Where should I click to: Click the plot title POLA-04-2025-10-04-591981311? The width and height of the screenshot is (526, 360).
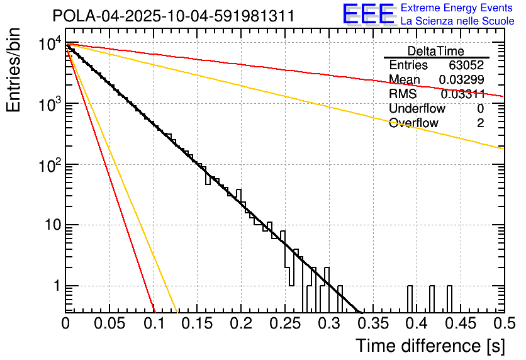(x=173, y=16)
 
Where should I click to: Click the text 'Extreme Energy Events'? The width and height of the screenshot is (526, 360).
(x=456, y=9)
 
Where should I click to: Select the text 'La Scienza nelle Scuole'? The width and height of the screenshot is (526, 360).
(x=457, y=21)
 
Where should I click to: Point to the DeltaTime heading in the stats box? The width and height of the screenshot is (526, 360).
(x=436, y=51)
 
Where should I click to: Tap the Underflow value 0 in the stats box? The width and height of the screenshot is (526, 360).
(x=480, y=108)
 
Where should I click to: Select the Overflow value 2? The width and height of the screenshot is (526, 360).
(x=480, y=123)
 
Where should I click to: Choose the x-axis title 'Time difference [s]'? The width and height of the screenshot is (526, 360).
(x=429, y=346)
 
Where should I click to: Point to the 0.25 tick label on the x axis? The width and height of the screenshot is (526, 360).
(x=283, y=323)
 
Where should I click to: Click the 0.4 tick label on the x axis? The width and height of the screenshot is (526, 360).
(x=415, y=323)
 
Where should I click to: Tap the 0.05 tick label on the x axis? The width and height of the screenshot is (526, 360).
(x=108, y=323)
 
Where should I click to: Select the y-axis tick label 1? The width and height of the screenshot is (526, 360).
(x=54, y=286)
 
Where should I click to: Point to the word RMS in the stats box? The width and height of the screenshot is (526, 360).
(x=403, y=94)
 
